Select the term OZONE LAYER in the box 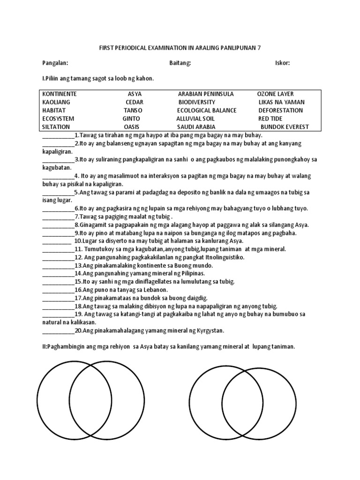pyautogui.click(x=276, y=94)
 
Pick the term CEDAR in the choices pyautogui.click(x=135, y=102)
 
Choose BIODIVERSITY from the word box pyautogui.click(x=196, y=102)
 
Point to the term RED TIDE pyautogui.click(x=270, y=119)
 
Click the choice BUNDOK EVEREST pyautogui.click(x=285, y=127)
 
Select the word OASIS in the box pyautogui.click(x=132, y=127)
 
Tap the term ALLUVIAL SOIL pyautogui.click(x=195, y=119)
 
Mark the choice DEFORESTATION pyautogui.click(x=281, y=111)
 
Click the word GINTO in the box pyautogui.click(x=132, y=119)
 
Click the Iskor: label pyautogui.click(x=282, y=63)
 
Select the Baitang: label pyautogui.click(x=180, y=63)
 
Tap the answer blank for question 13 pyautogui.click(x=58, y=265)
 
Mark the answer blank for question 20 pyautogui.click(x=58, y=331)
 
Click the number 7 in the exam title pyautogui.click(x=258, y=47)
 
